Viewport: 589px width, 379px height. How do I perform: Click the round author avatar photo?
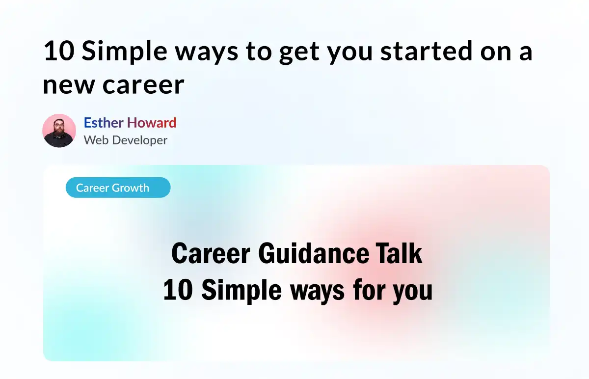point(59,131)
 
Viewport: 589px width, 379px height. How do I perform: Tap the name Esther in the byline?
point(104,123)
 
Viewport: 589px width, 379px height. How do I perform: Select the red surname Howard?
point(152,123)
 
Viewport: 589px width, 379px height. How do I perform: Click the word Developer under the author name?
point(139,140)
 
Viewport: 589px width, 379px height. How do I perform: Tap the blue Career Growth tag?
point(118,188)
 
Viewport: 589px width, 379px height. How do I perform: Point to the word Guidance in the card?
point(314,253)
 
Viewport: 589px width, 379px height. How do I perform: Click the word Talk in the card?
point(399,253)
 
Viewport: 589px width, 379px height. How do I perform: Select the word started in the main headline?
point(427,51)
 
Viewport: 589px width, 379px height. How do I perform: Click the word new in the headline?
point(69,85)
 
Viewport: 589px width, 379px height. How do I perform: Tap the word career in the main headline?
point(143,85)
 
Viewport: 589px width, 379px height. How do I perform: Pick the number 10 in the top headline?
point(59,51)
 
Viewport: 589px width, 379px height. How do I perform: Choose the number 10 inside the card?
point(178,290)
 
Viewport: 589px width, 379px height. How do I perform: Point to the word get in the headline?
point(299,53)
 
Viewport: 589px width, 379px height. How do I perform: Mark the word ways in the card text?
point(318,292)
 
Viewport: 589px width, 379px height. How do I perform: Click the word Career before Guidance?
point(211,253)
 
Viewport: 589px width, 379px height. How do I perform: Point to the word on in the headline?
point(496,53)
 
